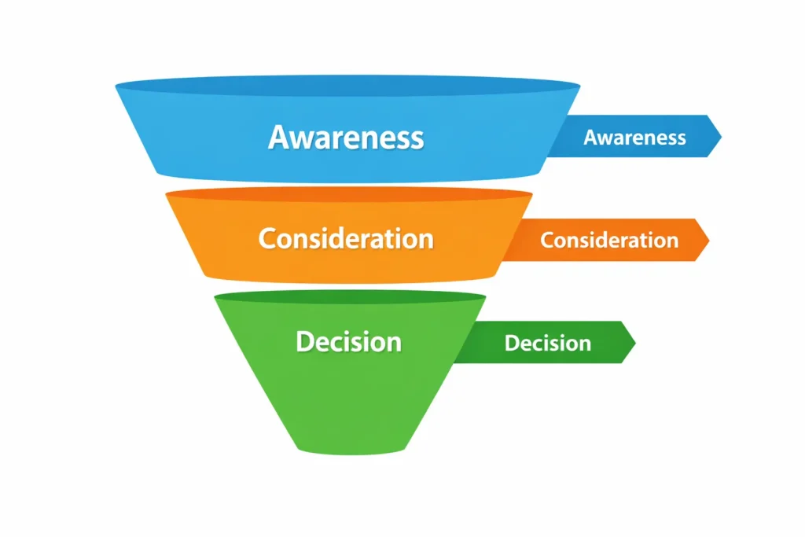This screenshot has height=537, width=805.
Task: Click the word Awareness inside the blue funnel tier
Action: pyautogui.click(x=346, y=138)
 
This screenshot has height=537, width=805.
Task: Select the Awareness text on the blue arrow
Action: pyautogui.click(x=634, y=138)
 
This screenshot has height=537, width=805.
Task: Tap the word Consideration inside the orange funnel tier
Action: pyautogui.click(x=346, y=238)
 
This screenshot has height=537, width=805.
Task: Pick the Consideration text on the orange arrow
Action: pyautogui.click(x=609, y=240)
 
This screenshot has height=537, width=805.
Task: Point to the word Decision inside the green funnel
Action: pyautogui.click(x=348, y=342)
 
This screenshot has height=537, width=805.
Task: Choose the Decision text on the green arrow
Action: pyautogui.click(x=548, y=344)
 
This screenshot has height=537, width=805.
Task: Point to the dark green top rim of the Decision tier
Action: pyautogui.click(x=350, y=297)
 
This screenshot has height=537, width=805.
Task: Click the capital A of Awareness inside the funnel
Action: pyautogui.click(x=280, y=138)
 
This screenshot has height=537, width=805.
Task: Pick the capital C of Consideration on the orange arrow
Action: pyautogui.click(x=549, y=240)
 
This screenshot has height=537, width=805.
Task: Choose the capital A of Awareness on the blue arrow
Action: pyautogui.click(x=592, y=138)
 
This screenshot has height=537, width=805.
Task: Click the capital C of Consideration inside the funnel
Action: pyautogui.click(x=268, y=238)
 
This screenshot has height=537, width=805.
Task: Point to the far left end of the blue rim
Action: pyautogui.click(x=118, y=85)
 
